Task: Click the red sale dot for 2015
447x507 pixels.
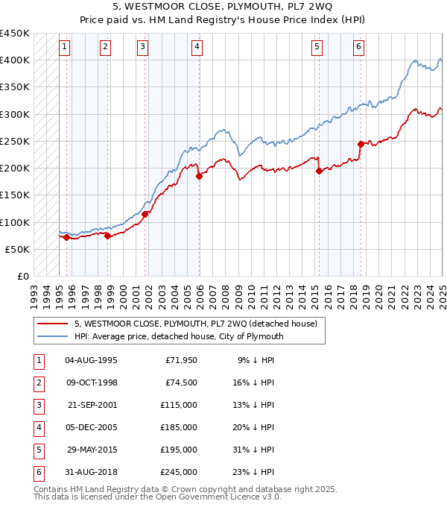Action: [319, 171]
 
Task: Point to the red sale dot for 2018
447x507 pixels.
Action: [361, 144]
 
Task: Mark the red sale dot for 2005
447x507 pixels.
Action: [199, 176]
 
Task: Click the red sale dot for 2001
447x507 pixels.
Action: [145, 214]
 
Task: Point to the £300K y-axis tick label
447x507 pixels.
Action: [15, 114]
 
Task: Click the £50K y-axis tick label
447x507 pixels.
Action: [18, 249]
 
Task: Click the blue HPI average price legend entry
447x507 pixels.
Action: [178, 336]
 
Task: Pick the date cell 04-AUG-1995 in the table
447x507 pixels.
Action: [92, 360]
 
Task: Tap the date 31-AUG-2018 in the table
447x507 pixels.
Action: [92, 472]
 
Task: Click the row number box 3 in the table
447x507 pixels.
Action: [38, 405]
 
